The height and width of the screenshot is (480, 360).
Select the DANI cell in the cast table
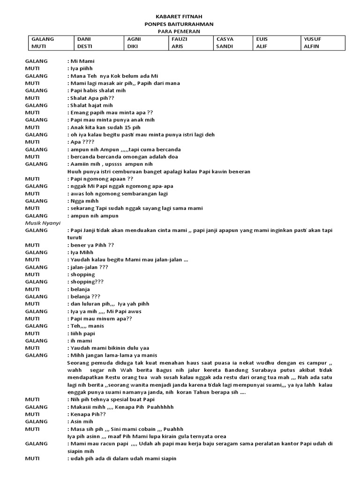point(83,39)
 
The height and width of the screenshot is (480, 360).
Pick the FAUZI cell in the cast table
point(180,39)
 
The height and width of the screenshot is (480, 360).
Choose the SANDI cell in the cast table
point(224,46)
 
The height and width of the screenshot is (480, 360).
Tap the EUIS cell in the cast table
point(262,39)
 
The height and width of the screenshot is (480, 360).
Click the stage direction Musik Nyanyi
point(43,223)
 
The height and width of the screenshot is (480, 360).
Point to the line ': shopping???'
point(85,282)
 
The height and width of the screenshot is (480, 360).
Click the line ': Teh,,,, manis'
point(86,326)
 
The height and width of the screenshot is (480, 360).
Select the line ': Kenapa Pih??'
point(87,414)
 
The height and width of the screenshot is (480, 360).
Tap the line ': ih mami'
point(80,340)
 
